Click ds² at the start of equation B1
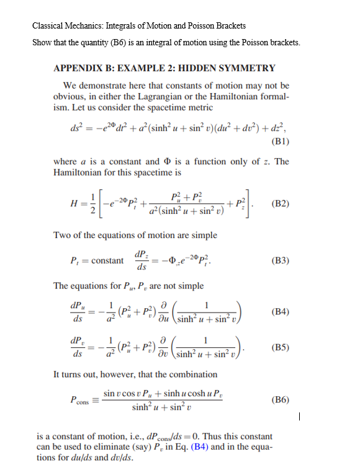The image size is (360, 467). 78,128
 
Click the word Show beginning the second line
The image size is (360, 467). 43,42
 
